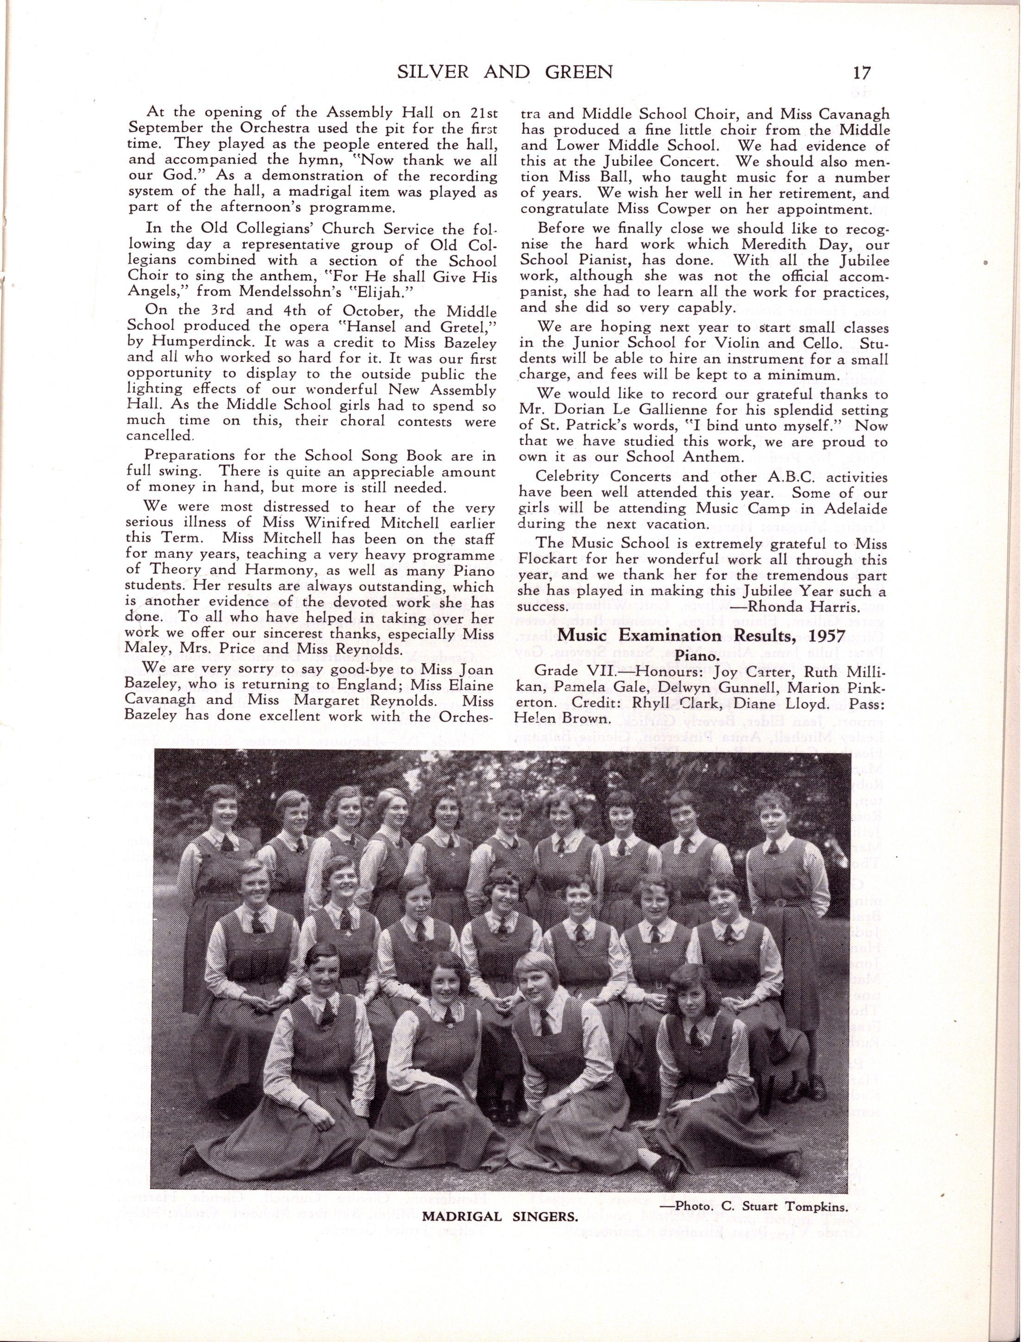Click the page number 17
point(861,73)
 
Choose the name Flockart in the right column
point(547,559)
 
